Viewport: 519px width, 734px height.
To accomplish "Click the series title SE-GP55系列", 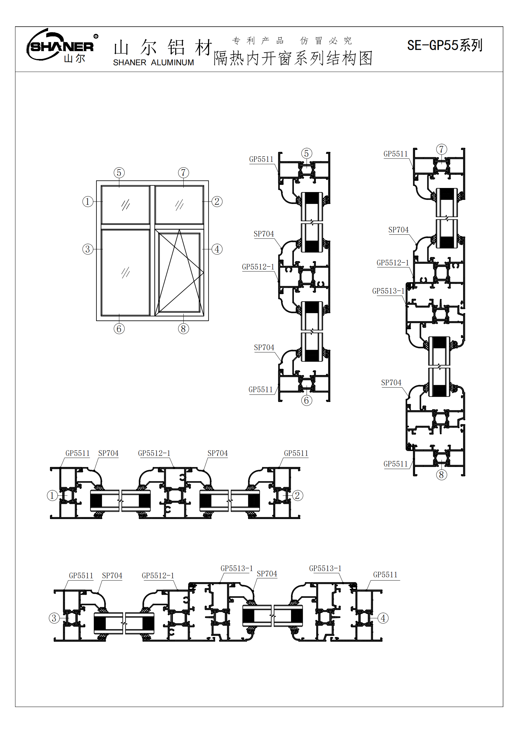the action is [445, 46].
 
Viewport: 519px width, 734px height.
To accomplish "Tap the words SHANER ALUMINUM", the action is [154, 63].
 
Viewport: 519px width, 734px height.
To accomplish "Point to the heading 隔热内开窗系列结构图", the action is [293, 58].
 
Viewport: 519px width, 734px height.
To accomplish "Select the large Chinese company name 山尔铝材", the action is [163, 47].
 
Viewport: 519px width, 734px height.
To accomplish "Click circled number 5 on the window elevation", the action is [119, 173].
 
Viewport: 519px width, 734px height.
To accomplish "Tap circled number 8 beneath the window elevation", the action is [184, 329].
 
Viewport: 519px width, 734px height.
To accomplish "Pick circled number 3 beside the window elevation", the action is [88, 249].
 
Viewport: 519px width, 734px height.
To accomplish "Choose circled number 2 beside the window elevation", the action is [217, 201].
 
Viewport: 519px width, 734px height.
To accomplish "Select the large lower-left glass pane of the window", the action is [126, 272].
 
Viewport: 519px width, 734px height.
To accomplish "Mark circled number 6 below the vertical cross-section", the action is [307, 400].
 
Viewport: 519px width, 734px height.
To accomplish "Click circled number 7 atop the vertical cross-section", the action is [442, 149].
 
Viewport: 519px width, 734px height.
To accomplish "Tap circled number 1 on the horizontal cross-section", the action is [52, 496].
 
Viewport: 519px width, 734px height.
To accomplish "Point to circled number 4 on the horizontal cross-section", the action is [383, 618].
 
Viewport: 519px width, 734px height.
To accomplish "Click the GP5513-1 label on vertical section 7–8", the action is [388, 291].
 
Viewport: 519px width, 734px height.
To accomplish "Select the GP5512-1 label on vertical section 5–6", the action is [258, 267].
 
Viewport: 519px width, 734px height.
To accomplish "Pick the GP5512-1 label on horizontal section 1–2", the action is [154, 453].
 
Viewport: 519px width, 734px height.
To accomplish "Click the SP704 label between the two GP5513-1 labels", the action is [267, 574].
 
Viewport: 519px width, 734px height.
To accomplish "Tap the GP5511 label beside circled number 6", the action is [261, 389].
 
